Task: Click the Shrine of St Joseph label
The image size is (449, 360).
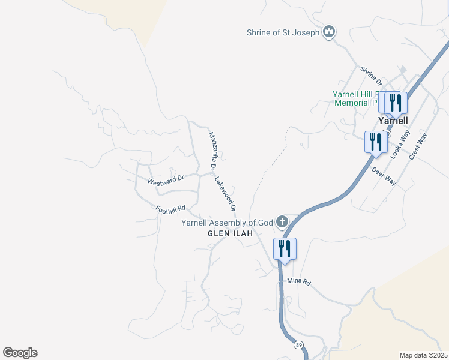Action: coord(283,32)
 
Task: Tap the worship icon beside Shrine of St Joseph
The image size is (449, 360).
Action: coord(328,32)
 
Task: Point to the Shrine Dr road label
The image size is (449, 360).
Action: coord(371,76)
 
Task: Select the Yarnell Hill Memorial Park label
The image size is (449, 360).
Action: coord(358,98)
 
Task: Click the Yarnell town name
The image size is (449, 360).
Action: coord(394,120)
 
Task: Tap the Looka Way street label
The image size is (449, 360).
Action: coord(397,146)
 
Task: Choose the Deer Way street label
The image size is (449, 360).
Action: coord(384,176)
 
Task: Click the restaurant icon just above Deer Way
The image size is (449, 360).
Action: coord(375,142)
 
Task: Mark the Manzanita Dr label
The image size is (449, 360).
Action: coord(212,149)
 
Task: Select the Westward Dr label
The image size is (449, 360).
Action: coord(165,179)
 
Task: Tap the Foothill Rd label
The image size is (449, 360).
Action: coord(170,210)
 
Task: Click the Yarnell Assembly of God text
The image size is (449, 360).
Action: coord(228,223)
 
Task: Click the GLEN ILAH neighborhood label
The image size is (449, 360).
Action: coord(231,233)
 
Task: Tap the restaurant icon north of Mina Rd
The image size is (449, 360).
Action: coord(285,248)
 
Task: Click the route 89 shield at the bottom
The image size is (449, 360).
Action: coord(298,345)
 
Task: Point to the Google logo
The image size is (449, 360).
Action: coord(20,353)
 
